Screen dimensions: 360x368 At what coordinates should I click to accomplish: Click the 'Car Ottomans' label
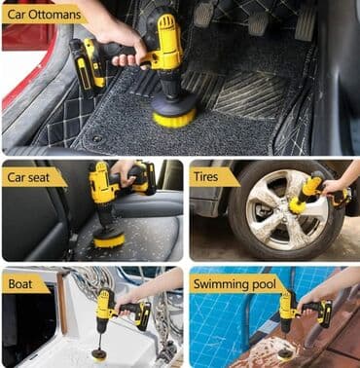click(45, 15)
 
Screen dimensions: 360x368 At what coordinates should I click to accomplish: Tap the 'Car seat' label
click(28, 177)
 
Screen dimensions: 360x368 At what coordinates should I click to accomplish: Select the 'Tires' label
click(205, 177)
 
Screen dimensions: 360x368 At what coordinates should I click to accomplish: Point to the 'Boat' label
click(20, 284)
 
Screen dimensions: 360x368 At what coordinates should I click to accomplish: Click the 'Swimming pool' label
click(234, 284)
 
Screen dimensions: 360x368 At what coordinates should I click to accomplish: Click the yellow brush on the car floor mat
click(174, 118)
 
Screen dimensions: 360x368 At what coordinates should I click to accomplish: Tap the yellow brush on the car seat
click(109, 240)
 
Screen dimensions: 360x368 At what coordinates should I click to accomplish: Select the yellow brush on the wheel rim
click(298, 206)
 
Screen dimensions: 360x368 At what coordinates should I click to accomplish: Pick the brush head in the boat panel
click(99, 354)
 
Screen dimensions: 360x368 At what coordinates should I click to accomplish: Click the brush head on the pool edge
click(285, 353)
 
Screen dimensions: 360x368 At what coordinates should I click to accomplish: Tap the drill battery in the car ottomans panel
click(88, 67)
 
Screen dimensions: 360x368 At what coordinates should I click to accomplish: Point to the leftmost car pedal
click(203, 14)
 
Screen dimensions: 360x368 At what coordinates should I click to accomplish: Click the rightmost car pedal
click(306, 22)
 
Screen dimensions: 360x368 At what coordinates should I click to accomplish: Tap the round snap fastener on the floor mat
click(96, 139)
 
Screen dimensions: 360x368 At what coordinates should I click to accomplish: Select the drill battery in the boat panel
click(143, 316)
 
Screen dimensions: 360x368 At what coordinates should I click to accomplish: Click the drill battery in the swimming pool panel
click(325, 313)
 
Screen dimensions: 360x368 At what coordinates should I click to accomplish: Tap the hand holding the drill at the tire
click(334, 189)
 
